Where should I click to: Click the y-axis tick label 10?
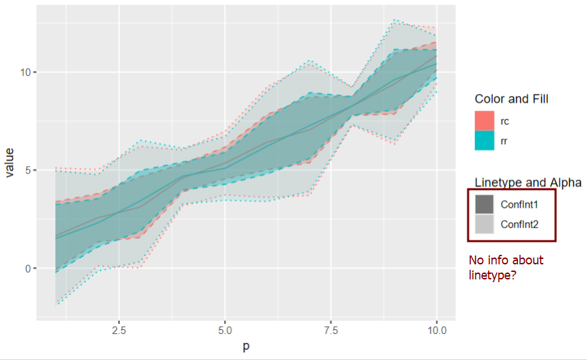25,72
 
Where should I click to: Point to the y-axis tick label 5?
27,170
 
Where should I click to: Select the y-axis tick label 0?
27,268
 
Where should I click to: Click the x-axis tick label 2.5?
119,330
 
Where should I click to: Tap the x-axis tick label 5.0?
225,330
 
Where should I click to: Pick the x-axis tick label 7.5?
331,330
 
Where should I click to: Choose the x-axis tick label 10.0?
436,330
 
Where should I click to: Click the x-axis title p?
246,346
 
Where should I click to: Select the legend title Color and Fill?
511,99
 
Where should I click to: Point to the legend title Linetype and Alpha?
528,182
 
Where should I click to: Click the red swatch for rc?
484,121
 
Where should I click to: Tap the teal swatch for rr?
484,141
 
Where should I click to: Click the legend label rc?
505,121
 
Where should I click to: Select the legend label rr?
504,141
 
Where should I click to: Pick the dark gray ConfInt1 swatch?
484,204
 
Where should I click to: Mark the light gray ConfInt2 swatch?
484,224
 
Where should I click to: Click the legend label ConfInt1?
519,204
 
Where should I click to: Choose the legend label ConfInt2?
520,224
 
